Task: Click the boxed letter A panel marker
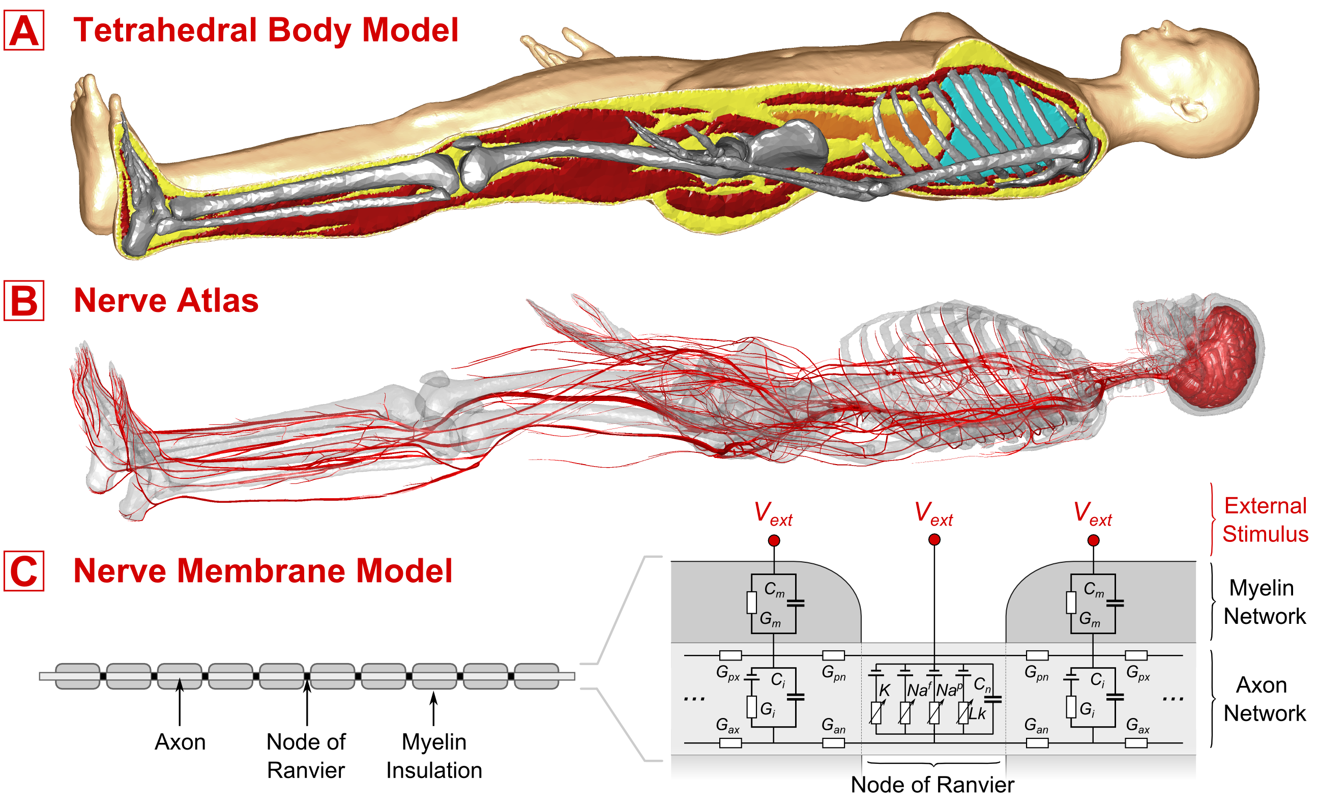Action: click(24, 32)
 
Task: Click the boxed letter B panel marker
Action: click(24, 301)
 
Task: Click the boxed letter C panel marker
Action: click(24, 571)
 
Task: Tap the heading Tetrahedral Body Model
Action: click(266, 30)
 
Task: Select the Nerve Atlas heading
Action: click(166, 301)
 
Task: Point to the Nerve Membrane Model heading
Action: click(262, 571)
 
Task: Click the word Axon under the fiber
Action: click(180, 742)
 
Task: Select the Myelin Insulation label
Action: click(434, 756)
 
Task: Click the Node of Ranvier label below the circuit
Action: click(932, 785)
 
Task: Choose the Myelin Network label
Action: click(1265, 602)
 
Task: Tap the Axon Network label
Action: click(1265, 699)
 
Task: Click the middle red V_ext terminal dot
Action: click(934, 540)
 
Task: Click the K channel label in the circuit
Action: click(884, 691)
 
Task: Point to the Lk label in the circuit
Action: click(977, 713)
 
